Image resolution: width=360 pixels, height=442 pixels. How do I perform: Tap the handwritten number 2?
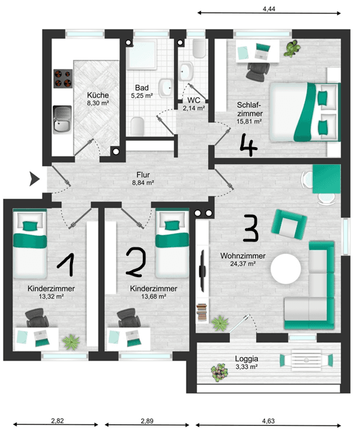pyautogui.click(x=135, y=262)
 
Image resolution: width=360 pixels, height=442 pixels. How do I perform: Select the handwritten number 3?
pyautogui.click(x=251, y=227)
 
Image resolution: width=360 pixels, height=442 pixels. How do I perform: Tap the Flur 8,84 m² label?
pyautogui.click(x=142, y=179)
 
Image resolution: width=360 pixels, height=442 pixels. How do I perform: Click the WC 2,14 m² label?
pyautogui.click(x=193, y=104)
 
